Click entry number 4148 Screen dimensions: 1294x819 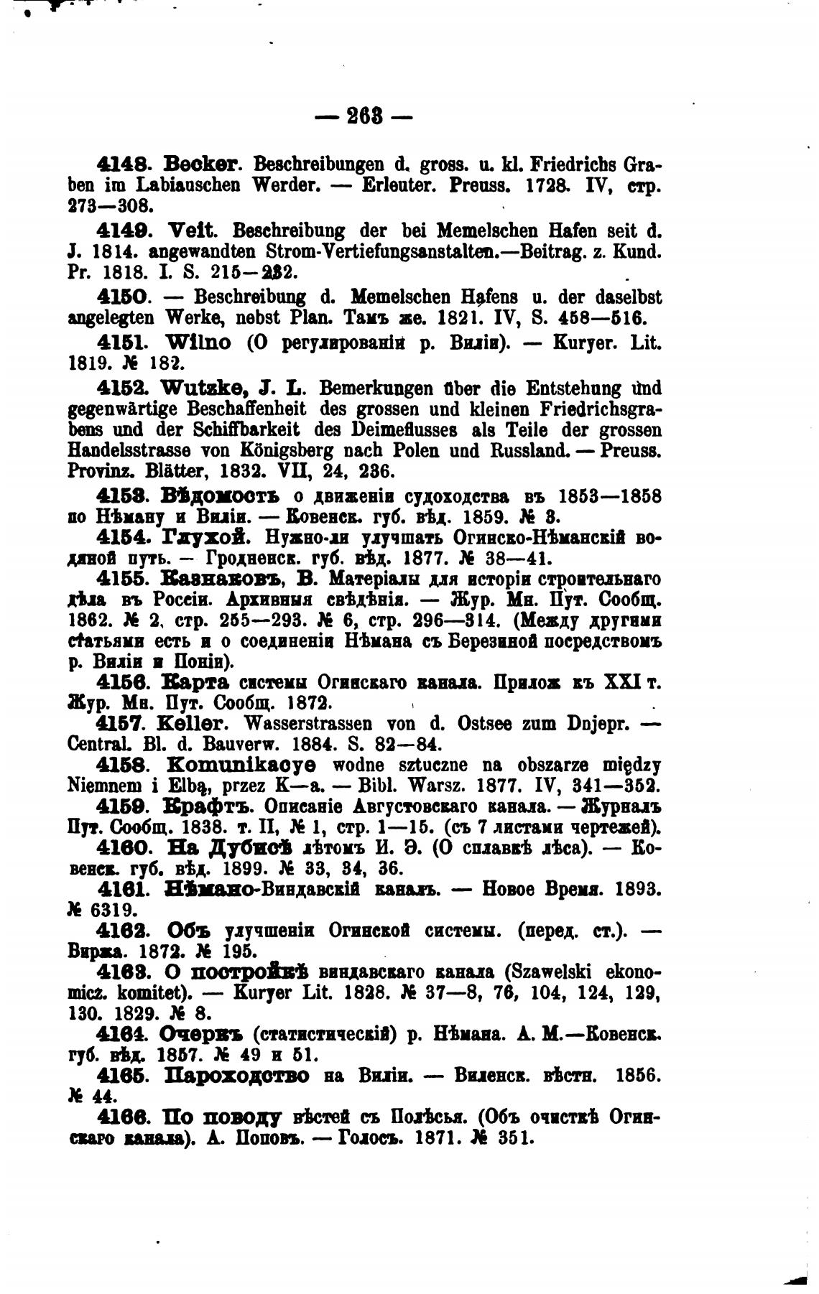tap(119, 164)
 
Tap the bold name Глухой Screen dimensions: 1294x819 tap(208, 537)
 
